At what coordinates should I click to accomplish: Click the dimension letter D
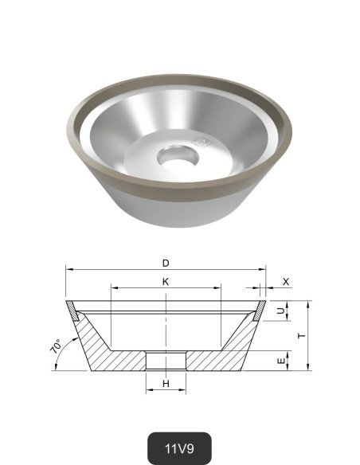tap(166, 262)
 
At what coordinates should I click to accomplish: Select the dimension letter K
tap(166, 281)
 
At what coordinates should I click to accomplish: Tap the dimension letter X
tap(285, 282)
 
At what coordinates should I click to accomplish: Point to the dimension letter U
tap(280, 311)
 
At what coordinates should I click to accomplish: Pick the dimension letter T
tap(301, 335)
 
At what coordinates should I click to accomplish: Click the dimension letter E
tap(280, 361)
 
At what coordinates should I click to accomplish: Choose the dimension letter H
tap(166, 384)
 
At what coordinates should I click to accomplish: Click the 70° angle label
tap(57, 347)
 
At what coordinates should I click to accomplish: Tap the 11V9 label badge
tap(180, 447)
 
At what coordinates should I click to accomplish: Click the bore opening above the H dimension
tap(166, 361)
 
